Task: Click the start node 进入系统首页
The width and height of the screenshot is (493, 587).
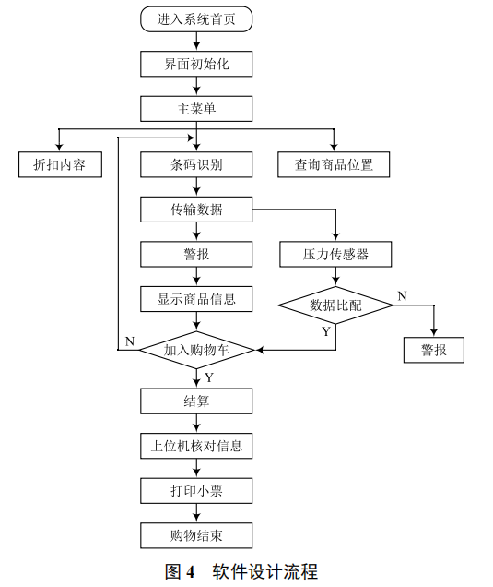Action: pos(196,18)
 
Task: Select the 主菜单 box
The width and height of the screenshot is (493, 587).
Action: pos(196,109)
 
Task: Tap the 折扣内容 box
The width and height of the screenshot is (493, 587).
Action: pos(60,165)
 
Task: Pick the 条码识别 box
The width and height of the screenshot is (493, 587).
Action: pos(196,165)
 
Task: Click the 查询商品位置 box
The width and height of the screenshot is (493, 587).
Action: pos(334,165)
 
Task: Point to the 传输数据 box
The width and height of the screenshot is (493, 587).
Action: pos(196,210)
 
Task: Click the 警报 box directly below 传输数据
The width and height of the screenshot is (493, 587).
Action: pos(196,254)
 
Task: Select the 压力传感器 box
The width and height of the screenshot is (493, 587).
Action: pos(335,254)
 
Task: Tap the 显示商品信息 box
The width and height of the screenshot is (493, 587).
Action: pos(196,299)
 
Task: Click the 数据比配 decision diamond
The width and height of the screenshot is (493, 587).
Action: pos(335,305)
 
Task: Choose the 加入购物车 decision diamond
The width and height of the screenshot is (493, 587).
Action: pos(196,351)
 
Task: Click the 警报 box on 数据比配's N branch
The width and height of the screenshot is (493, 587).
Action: pos(434,351)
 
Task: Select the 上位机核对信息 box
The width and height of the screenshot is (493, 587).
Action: pos(196,446)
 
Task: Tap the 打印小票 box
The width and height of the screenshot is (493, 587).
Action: pos(196,490)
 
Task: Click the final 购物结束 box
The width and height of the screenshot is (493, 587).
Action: pos(196,535)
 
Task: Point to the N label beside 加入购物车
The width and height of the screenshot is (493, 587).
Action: pos(130,341)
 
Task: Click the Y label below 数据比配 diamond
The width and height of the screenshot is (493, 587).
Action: pos(325,331)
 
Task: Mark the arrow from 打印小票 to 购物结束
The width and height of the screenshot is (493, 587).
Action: pos(196,513)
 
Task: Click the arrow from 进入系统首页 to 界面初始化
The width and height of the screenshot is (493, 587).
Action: pos(196,41)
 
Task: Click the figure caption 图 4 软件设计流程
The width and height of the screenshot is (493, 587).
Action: pos(241,571)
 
